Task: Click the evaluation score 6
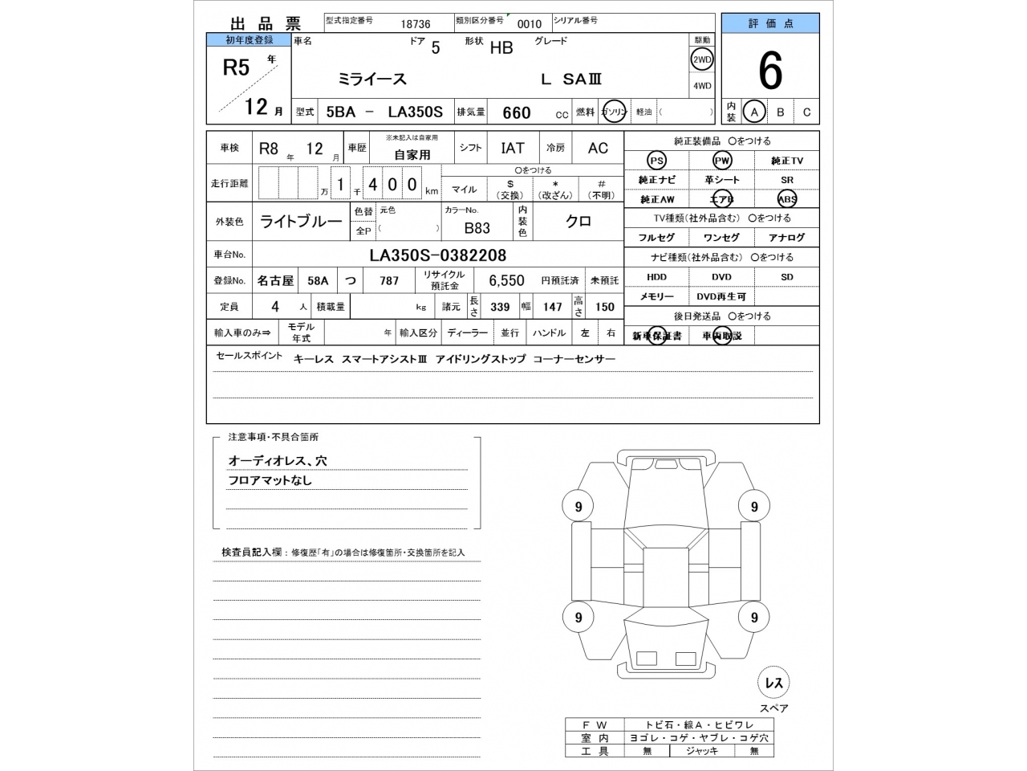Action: pyautogui.click(x=769, y=72)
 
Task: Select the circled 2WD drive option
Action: pyautogui.click(x=702, y=59)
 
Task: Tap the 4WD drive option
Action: pyautogui.click(x=702, y=86)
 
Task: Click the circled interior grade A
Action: pyautogui.click(x=753, y=112)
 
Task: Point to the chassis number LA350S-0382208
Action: pyautogui.click(x=437, y=255)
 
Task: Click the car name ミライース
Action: pyautogui.click(x=372, y=79)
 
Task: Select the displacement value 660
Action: pyautogui.click(x=516, y=112)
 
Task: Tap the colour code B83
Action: pyautogui.click(x=477, y=228)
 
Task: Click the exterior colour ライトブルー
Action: pyautogui.click(x=301, y=222)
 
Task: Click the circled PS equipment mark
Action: pyautogui.click(x=656, y=161)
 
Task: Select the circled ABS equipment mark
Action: pyautogui.click(x=786, y=199)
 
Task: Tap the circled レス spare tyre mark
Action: pyautogui.click(x=773, y=683)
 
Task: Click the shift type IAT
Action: pyautogui.click(x=513, y=148)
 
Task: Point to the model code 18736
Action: pyautogui.click(x=416, y=24)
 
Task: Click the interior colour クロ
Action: pyautogui.click(x=578, y=222)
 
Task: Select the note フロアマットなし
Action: pyautogui.click(x=270, y=480)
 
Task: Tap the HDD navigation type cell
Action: pyautogui.click(x=656, y=277)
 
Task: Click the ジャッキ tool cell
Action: pyautogui.click(x=701, y=751)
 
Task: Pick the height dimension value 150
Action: pyautogui.click(x=604, y=306)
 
